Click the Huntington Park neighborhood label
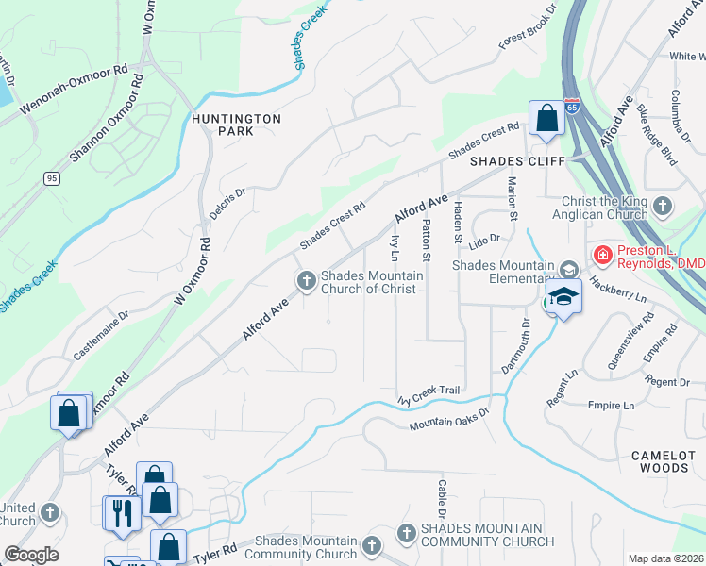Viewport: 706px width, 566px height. point(223,125)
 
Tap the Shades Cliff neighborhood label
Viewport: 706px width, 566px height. point(517,161)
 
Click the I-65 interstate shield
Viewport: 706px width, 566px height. point(573,108)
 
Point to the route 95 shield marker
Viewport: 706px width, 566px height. point(51,177)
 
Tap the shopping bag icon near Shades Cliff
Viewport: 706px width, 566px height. point(546,119)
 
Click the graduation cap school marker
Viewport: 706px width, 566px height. point(563,296)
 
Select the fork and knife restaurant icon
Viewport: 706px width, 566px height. point(121,512)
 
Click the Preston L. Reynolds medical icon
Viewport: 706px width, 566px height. point(600,255)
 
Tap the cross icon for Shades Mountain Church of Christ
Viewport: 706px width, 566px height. point(306,281)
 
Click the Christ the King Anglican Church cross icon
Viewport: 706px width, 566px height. point(664,206)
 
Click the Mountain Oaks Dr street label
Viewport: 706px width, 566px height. point(450,420)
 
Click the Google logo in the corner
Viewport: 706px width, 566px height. point(31,555)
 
